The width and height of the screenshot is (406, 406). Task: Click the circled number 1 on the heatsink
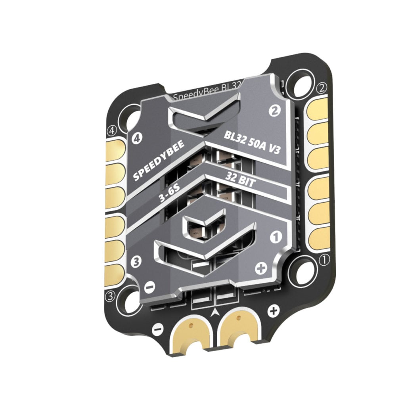coord(275,237)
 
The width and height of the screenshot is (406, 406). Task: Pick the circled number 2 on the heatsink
coord(274,111)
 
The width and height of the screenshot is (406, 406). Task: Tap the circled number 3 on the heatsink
coord(136,261)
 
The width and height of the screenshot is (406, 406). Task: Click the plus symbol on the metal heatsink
coord(260,269)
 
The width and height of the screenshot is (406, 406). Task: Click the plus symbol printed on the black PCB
coord(273,311)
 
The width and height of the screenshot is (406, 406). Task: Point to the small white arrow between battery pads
coord(215,312)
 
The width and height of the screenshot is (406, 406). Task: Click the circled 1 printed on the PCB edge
coord(324,260)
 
